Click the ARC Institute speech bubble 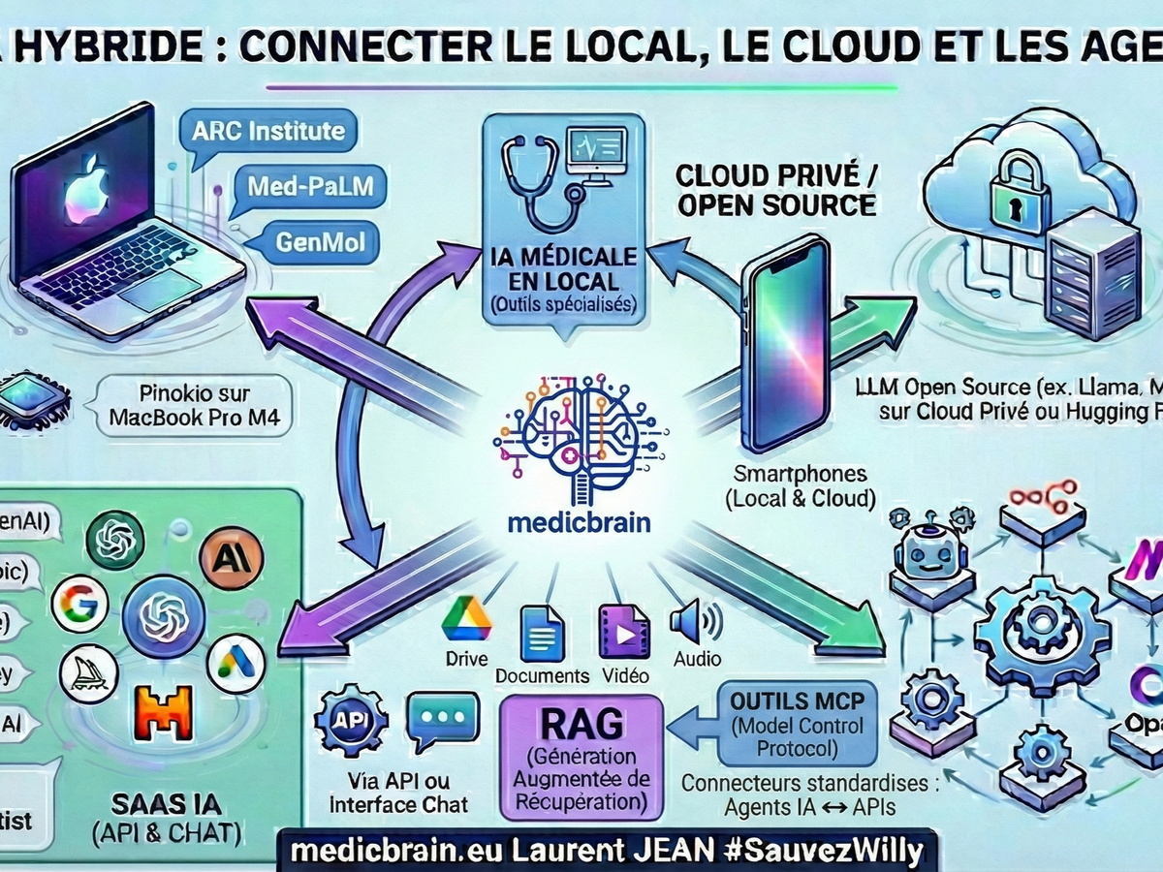coord(267,131)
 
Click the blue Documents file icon coord(542,634)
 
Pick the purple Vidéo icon coord(624,633)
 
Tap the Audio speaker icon coord(696,621)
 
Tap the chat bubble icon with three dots coord(442,723)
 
